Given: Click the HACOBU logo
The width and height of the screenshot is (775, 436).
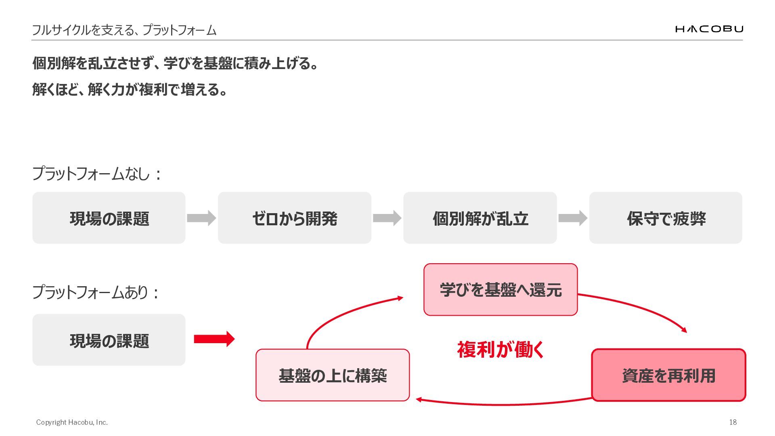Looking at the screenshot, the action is pyautogui.click(x=709, y=29).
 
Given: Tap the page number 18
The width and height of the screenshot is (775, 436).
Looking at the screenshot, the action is pyautogui.click(x=733, y=422).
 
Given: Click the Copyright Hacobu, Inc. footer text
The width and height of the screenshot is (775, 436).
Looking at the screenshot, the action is pyautogui.click(x=72, y=422).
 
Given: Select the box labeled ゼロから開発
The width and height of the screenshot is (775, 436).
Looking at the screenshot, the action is pyautogui.click(x=295, y=218).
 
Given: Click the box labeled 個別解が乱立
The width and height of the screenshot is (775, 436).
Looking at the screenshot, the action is pyautogui.click(x=480, y=218).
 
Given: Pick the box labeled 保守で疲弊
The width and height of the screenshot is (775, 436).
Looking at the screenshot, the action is pyautogui.click(x=666, y=218).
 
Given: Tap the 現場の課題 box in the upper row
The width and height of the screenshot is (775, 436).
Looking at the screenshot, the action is pyautogui.click(x=109, y=218).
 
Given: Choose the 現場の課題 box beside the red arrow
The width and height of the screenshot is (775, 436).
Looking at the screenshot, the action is pyautogui.click(x=109, y=340).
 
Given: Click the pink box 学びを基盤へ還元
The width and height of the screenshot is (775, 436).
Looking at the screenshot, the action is pyautogui.click(x=501, y=289).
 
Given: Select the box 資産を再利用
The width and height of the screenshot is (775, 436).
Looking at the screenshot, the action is pyautogui.click(x=668, y=375).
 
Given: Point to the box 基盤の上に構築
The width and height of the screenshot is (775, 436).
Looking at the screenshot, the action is pyautogui.click(x=333, y=375).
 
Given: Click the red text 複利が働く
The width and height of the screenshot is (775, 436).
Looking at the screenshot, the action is pyautogui.click(x=501, y=350).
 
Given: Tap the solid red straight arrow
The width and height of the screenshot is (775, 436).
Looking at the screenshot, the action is pyautogui.click(x=214, y=339).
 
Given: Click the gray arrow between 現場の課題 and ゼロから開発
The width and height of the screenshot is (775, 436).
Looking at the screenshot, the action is pyautogui.click(x=201, y=218).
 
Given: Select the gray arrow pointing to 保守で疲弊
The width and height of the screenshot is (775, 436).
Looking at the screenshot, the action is pyautogui.click(x=573, y=218).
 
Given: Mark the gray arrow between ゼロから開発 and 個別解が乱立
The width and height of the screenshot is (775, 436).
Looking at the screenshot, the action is pyautogui.click(x=387, y=218).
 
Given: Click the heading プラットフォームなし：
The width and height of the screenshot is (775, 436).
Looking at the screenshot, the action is pyautogui.click(x=97, y=174).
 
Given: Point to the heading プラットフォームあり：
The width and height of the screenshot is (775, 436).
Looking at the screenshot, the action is pyautogui.click(x=96, y=292).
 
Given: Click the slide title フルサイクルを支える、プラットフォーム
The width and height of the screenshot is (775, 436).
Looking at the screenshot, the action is pyautogui.click(x=124, y=30).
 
